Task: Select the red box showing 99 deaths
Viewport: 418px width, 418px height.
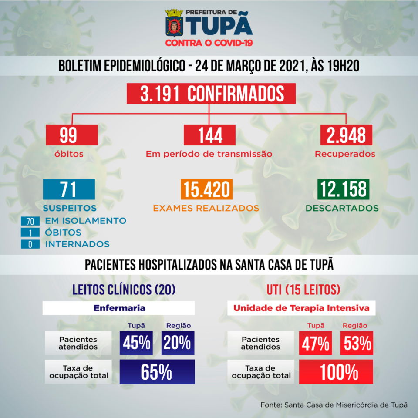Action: (x=69, y=135)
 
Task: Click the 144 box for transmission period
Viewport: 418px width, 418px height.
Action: (x=209, y=135)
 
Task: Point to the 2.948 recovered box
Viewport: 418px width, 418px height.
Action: (x=346, y=135)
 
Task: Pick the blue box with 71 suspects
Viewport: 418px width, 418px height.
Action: (x=69, y=190)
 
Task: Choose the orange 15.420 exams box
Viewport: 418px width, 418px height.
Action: (x=206, y=190)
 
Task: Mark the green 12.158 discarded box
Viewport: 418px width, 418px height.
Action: (x=343, y=190)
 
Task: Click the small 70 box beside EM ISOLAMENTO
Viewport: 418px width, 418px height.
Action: (x=30, y=221)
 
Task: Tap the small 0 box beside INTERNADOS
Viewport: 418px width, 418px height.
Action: (x=30, y=244)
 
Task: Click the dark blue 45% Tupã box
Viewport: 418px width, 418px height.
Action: (x=137, y=343)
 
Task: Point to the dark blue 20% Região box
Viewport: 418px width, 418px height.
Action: (x=178, y=343)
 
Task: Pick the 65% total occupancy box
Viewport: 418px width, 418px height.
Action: (x=157, y=371)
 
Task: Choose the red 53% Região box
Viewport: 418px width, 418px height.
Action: (x=356, y=343)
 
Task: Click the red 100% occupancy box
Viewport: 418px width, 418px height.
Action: (x=336, y=371)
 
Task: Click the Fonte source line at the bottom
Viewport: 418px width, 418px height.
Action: (x=334, y=405)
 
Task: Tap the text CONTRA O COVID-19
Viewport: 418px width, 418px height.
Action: (x=209, y=43)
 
